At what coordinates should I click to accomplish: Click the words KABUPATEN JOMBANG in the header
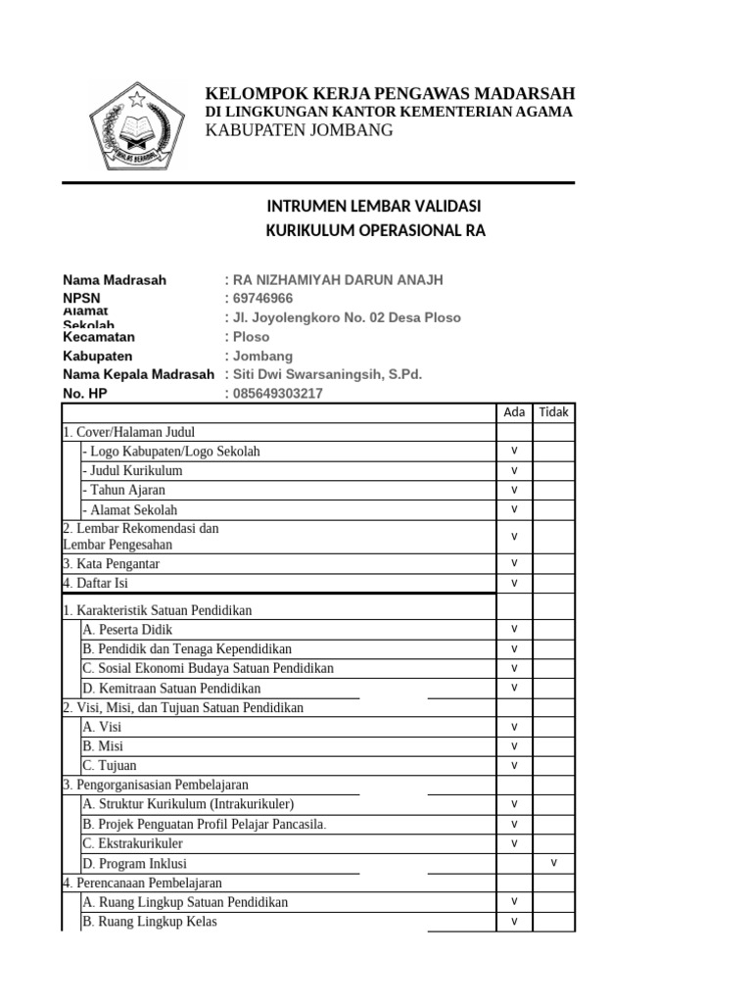[299, 130]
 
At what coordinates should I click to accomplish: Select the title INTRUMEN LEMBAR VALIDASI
[374, 207]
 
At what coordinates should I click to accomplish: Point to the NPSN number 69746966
[262, 299]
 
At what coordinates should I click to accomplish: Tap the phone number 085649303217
[277, 394]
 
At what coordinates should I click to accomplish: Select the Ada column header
[514, 412]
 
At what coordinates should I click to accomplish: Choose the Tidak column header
[553, 412]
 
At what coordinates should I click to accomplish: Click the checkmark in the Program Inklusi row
[553, 862]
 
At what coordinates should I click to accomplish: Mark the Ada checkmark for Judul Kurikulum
[514, 470]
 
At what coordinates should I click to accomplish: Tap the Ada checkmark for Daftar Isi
[514, 583]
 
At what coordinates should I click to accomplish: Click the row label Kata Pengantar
[111, 564]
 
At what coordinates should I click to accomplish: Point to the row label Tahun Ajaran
[124, 490]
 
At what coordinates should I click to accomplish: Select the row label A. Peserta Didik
[121, 629]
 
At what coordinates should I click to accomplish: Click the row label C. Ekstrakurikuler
[132, 843]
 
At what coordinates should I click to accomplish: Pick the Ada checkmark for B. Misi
[514, 745]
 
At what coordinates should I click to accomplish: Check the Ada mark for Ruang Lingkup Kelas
[514, 921]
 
